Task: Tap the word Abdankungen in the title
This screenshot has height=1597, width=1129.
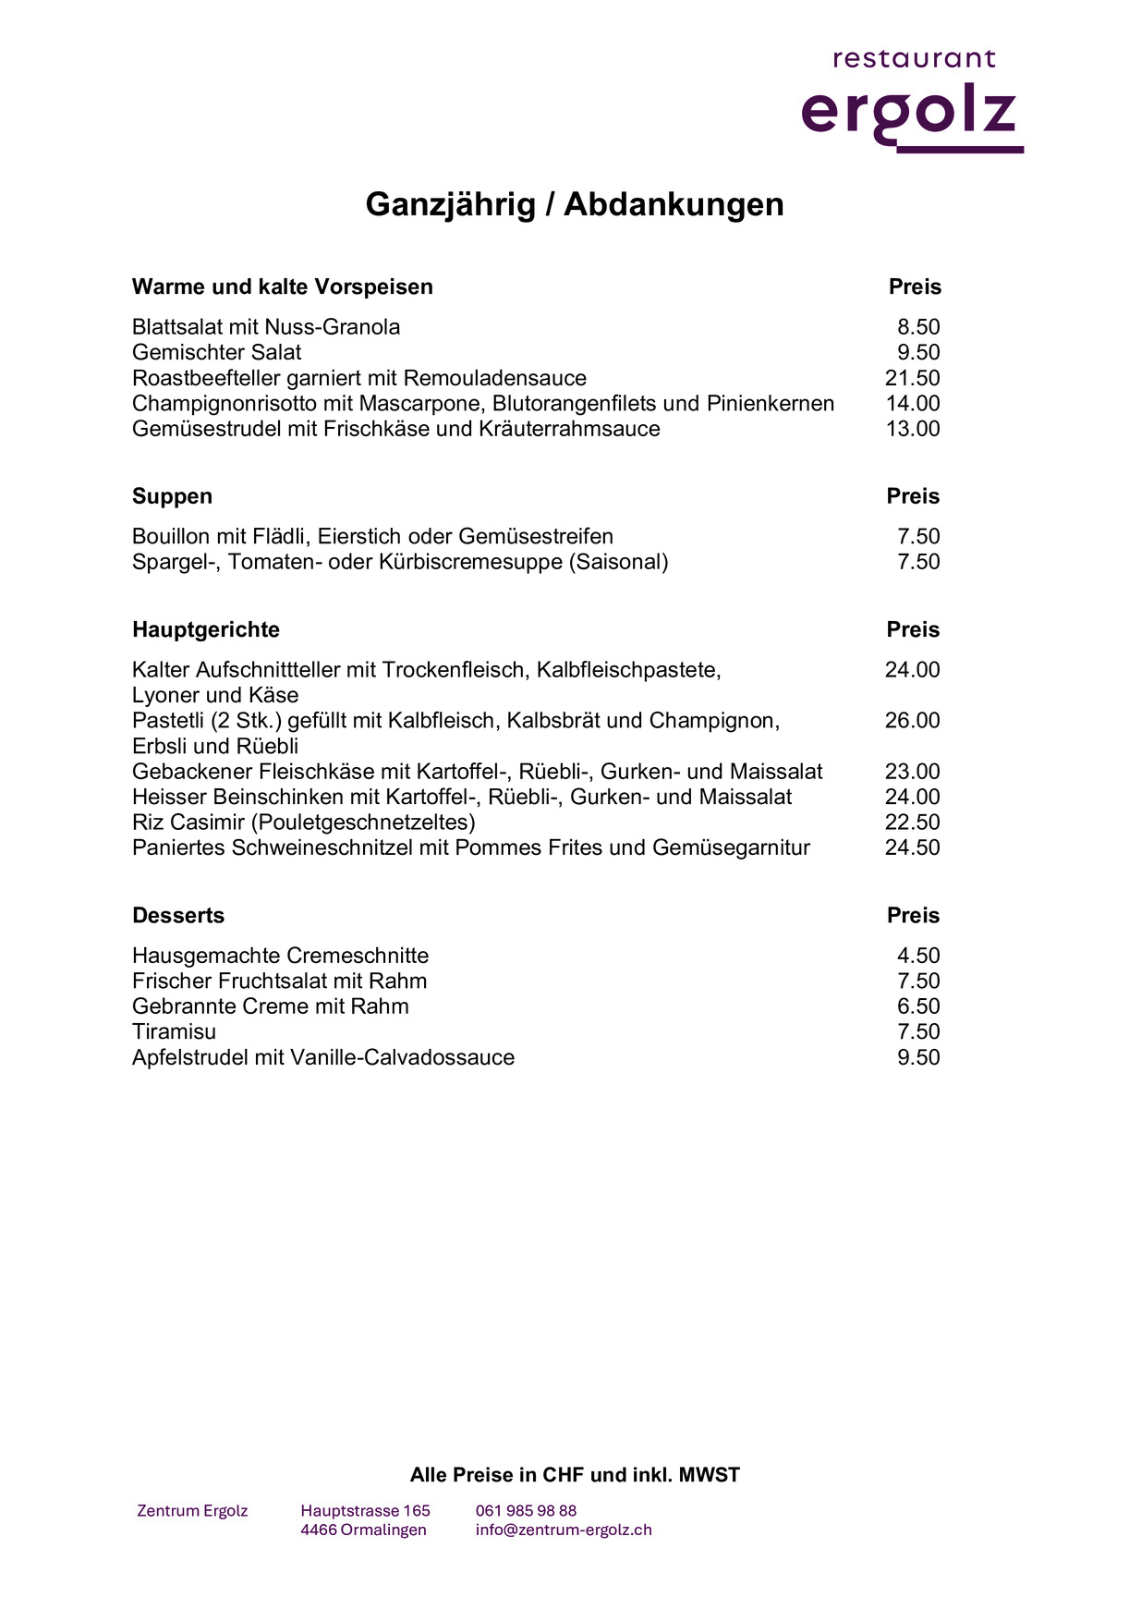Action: pos(674,204)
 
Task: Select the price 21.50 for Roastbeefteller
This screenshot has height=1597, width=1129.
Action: pos(912,378)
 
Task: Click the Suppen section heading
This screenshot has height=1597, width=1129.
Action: pos(172,496)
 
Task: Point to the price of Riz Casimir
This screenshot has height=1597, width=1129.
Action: pos(912,823)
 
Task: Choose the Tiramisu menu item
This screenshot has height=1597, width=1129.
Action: pos(174,1031)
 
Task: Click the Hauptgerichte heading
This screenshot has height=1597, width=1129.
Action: pos(205,629)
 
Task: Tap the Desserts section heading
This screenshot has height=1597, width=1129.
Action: pos(178,915)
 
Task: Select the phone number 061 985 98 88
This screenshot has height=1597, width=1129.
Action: pos(526,1511)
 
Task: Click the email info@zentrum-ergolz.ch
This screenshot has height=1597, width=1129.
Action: pos(564,1530)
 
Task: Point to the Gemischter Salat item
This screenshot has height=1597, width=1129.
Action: pos(216,352)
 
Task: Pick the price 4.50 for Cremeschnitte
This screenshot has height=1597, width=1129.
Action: pos(918,956)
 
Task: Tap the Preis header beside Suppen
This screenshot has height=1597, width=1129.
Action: pos(913,496)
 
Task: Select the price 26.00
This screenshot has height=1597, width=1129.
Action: pos(912,721)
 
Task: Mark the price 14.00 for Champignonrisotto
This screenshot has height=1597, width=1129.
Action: pos(912,403)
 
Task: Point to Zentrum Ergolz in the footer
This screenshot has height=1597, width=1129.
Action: pos(192,1511)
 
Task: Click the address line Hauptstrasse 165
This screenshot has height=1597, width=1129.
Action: pos(365,1511)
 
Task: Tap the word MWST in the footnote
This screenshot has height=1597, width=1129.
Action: pos(709,1475)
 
